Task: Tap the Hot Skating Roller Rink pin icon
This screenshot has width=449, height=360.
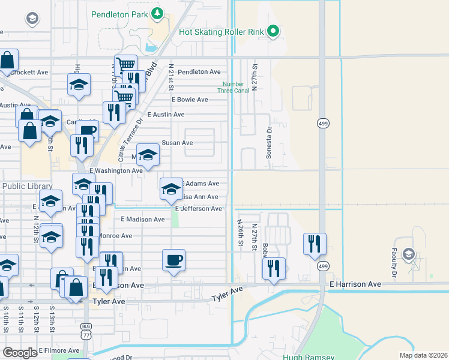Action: click(273, 30)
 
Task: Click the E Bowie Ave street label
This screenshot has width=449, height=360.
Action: click(190, 100)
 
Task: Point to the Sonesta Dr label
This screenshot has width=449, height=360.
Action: click(269, 142)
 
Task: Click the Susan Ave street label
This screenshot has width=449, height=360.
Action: click(177, 143)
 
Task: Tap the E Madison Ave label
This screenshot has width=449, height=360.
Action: click(142, 220)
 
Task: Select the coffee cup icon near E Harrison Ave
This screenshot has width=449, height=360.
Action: click(173, 260)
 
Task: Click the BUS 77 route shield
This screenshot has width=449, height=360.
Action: click(86, 331)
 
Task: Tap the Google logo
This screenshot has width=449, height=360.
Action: click(20, 353)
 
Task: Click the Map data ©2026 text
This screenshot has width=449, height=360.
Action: click(423, 355)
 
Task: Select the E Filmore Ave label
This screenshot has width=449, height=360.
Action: click(59, 350)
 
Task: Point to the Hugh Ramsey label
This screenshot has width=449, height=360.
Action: click(323, 356)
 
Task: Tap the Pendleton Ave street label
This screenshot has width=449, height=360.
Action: click(199, 71)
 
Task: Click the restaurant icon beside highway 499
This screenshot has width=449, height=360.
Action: click(315, 244)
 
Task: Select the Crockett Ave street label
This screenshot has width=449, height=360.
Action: click(29, 72)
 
